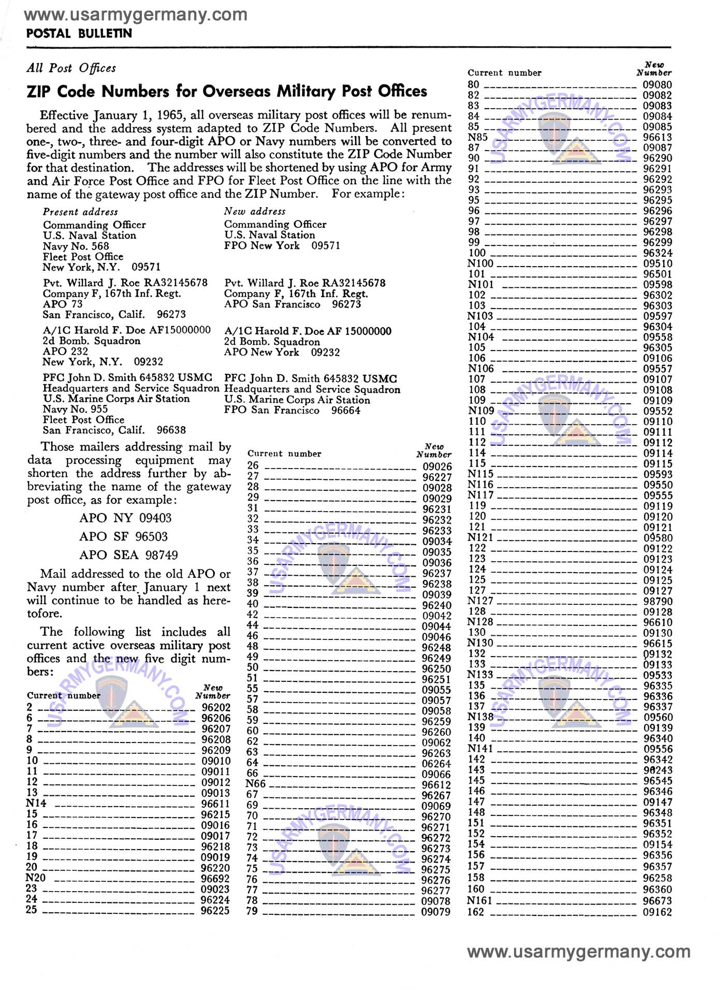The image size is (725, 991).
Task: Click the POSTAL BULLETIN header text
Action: pos(79,34)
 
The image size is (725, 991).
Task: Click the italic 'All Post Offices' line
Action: pos(71,68)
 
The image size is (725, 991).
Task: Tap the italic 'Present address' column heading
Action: pos(80,212)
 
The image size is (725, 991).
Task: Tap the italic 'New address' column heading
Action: pos(255,211)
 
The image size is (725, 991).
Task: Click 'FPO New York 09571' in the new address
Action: pos(282,245)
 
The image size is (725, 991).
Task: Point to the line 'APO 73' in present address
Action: pos(63,304)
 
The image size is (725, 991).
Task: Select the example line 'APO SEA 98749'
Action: pos(128,555)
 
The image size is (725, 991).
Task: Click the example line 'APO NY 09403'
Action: pos(125,518)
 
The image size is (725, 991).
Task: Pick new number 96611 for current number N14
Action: pos(215,804)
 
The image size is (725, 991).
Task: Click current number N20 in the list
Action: pos(36,878)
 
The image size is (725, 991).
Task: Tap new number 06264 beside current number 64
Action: pos(436,764)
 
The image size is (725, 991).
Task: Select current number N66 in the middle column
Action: pos(255,784)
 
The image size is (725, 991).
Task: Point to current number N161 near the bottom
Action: pos(480,901)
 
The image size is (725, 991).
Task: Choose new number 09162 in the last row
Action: pos(657,912)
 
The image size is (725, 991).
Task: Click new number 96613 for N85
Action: pos(657,137)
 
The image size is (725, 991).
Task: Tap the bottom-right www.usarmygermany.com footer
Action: pos(578,952)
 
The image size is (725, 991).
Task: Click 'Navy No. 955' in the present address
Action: pos(75,409)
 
